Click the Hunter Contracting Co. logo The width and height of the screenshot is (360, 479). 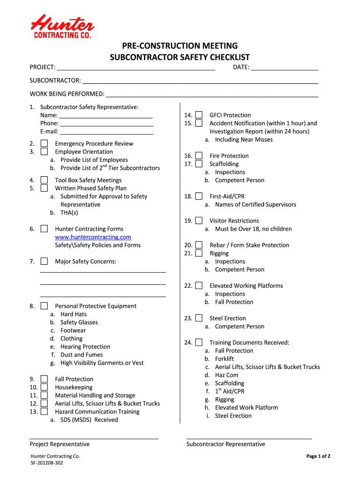[x=62, y=26]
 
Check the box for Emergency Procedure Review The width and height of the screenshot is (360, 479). [x=44, y=144]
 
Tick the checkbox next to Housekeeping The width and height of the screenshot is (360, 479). [x=44, y=387]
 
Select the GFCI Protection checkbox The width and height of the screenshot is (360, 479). [x=199, y=115]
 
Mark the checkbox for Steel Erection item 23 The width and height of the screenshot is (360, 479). [x=199, y=318]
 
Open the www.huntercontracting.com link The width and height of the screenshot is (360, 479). [x=93, y=237]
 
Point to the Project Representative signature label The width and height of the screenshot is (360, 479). [x=59, y=444]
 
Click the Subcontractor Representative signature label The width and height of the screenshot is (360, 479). [x=225, y=444]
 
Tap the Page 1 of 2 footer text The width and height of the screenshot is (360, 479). [x=318, y=456]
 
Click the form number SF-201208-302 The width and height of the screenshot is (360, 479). [x=47, y=463]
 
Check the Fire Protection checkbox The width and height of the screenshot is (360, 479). [x=199, y=156]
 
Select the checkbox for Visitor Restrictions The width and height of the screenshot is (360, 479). [x=199, y=221]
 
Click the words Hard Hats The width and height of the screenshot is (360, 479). [x=73, y=314]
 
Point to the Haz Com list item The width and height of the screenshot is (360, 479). [x=226, y=375]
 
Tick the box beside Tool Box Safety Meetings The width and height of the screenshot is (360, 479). [x=44, y=180]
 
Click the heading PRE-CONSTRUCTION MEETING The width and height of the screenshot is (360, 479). [x=180, y=46]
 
